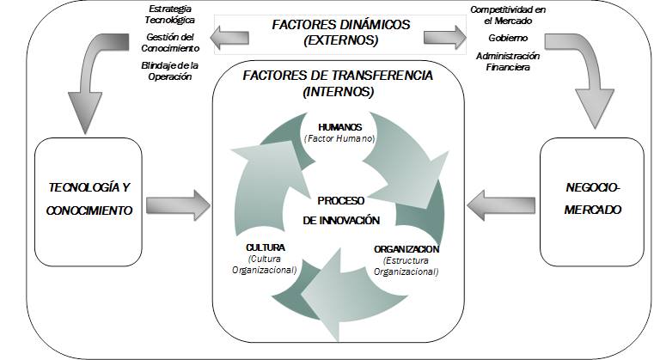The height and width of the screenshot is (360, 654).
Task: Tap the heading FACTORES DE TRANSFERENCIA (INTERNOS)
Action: pyautogui.click(x=338, y=82)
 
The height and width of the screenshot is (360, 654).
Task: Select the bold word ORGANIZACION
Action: pyautogui.click(x=406, y=249)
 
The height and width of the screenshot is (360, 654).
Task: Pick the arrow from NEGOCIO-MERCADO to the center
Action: pyautogui.click(x=498, y=204)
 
